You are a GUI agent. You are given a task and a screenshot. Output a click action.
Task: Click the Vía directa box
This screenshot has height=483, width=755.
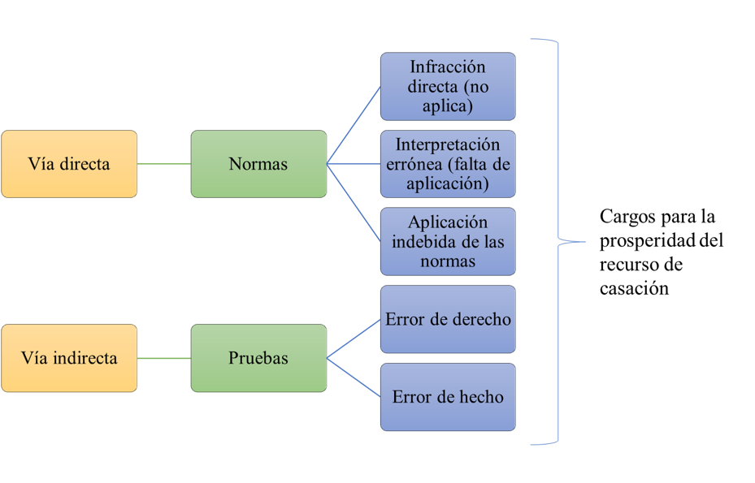(69, 164)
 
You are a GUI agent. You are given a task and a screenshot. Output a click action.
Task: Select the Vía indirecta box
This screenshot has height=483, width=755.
(69, 358)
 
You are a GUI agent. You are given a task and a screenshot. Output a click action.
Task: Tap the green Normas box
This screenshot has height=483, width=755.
(258, 164)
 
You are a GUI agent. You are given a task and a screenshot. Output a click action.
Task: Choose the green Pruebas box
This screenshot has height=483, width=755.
(258, 358)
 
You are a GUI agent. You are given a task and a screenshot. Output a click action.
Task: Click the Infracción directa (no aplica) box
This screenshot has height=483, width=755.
(448, 86)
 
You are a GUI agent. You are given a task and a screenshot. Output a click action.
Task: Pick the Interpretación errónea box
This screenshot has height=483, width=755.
(448, 164)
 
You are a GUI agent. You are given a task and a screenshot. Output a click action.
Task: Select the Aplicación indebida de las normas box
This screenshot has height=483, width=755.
(448, 242)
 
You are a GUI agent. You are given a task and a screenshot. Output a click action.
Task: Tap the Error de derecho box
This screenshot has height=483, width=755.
(448, 319)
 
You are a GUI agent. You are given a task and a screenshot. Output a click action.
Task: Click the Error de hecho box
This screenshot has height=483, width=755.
(448, 397)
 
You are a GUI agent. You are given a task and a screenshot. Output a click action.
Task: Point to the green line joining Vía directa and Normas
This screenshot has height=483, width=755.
(164, 164)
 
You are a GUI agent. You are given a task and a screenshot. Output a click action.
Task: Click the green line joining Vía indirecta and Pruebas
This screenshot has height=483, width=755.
(164, 358)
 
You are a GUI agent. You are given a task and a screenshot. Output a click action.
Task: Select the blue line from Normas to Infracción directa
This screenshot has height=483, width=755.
(354, 125)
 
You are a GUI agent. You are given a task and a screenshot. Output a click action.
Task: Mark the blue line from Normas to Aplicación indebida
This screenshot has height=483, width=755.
(354, 203)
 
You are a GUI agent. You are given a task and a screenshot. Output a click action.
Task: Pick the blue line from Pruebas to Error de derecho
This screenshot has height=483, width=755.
(354, 339)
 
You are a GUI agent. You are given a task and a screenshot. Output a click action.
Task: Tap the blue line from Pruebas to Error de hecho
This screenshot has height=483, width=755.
(354, 377)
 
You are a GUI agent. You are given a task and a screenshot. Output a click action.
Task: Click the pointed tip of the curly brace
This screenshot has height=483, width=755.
(584, 241)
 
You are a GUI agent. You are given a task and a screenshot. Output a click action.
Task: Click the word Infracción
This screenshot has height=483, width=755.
(448, 67)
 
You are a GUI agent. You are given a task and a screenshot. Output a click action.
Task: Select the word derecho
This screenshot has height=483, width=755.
(480, 319)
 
